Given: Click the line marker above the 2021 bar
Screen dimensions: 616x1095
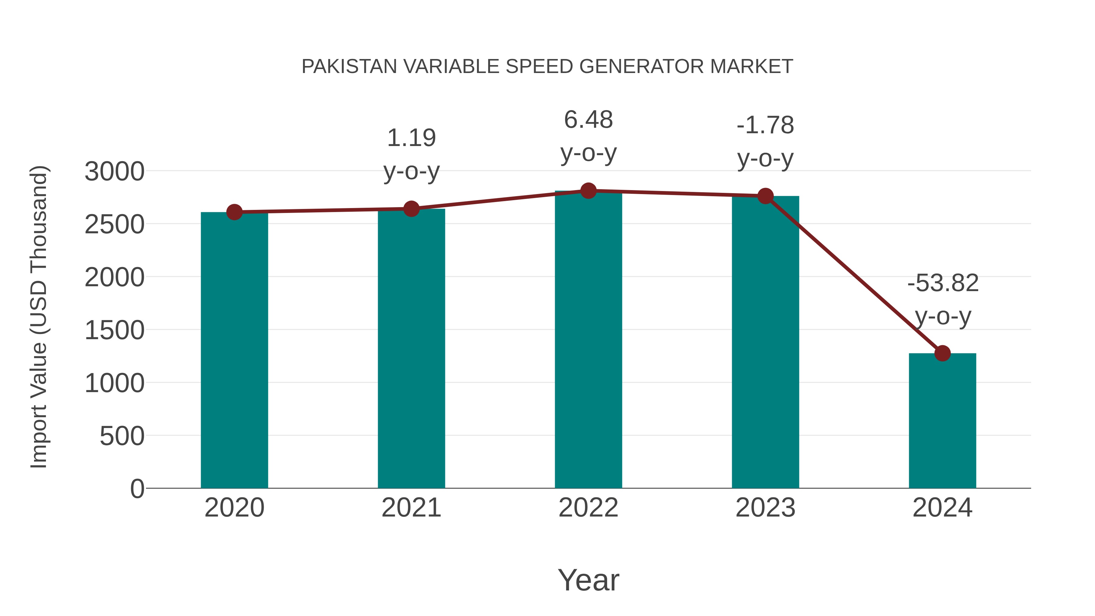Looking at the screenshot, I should point(411,209).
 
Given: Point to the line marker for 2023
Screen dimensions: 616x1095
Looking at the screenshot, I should point(765,196).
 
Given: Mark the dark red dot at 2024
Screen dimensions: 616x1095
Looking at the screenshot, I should point(942,353).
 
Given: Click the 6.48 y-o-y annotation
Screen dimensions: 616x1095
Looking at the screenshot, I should point(588,120).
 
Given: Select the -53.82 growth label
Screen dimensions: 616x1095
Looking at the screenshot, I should point(942,283).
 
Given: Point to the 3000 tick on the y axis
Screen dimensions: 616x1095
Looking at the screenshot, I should point(114,172).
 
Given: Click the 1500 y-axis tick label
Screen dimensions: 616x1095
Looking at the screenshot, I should point(114,330).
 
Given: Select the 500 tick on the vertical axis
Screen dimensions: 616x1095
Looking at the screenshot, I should point(122,436).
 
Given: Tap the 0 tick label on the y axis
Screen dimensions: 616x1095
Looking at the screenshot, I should point(137,489).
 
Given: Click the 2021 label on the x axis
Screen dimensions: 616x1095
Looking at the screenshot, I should point(411,508).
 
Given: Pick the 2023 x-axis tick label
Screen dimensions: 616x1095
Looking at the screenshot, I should point(765,508).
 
